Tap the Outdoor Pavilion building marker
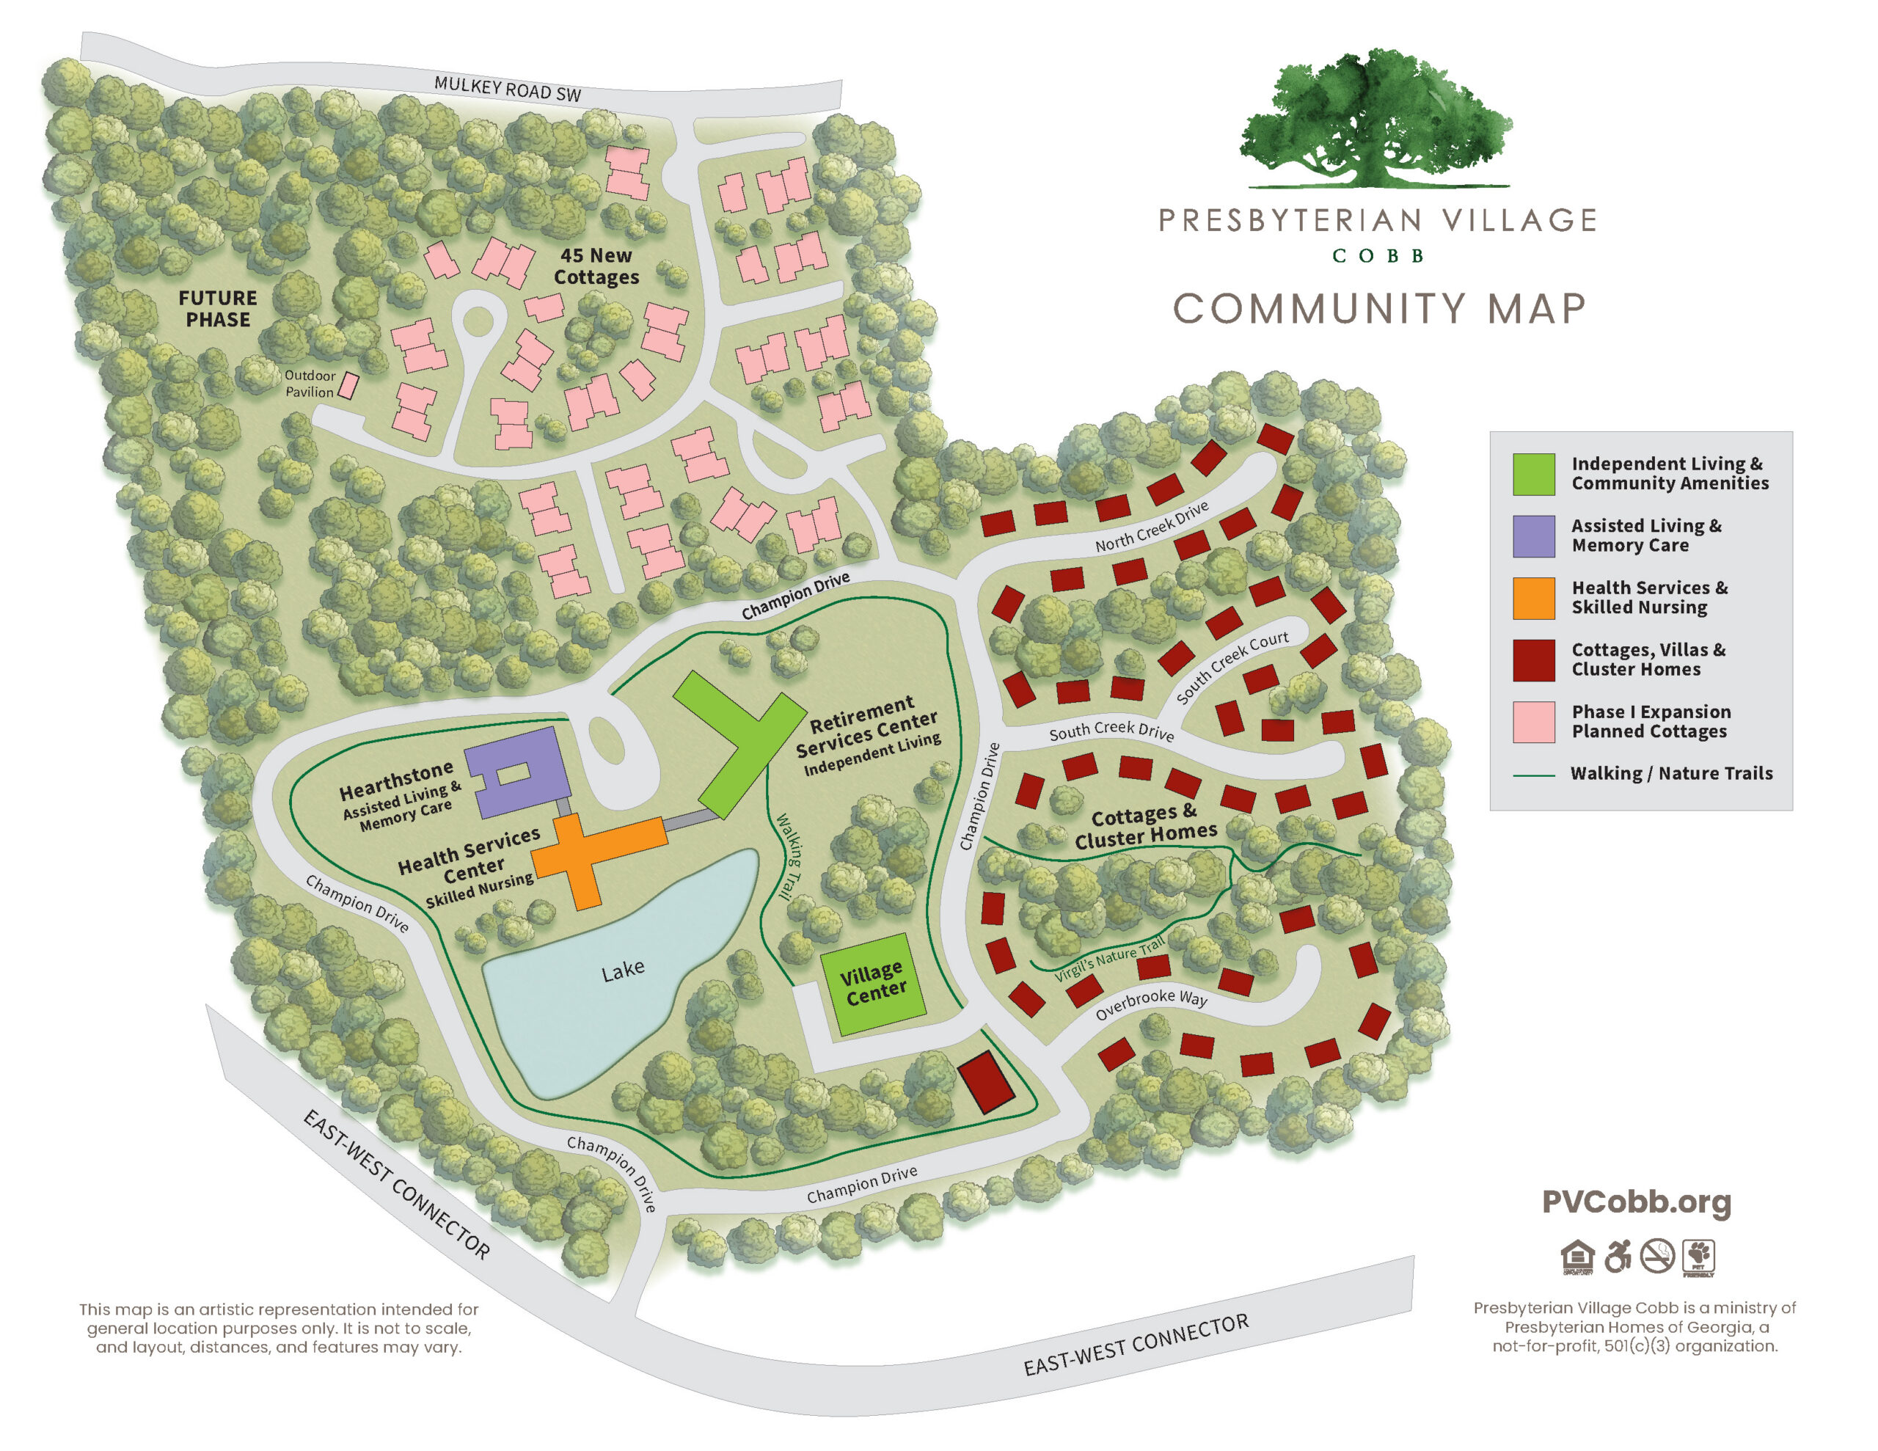pos(348,385)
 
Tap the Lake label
pos(623,971)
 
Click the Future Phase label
pos(218,309)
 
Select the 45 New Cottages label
pos(596,266)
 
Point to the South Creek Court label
pos(1232,666)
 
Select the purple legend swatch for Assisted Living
pos(1533,536)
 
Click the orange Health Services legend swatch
pos(1533,598)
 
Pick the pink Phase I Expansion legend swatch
pos(1533,722)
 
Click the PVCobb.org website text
pos(1635,1202)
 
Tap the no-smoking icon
pos(1657,1257)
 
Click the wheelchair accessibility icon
pos(1618,1257)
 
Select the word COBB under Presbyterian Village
pos(1378,256)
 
